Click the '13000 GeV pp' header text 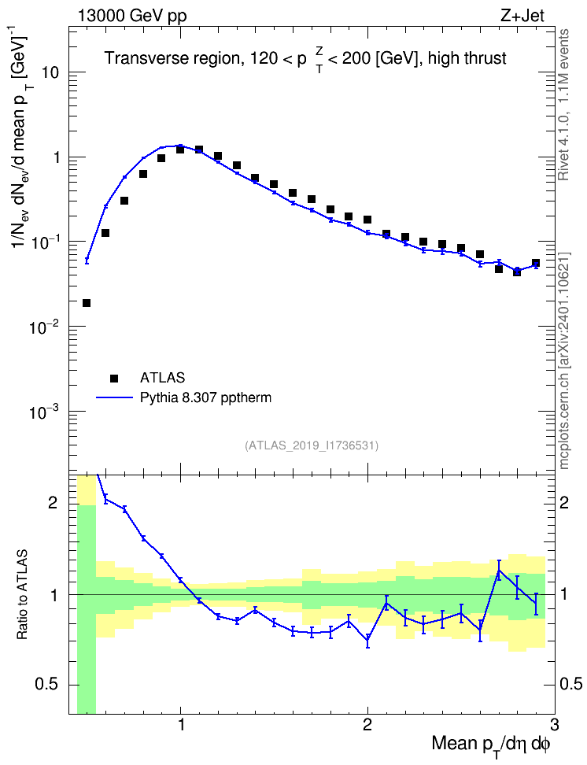click(x=131, y=16)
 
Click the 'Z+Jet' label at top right click(x=522, y=16)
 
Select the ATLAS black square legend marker click(x=114, y=378)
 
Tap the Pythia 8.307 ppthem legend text click(x=205, y=397)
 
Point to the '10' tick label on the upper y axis click(x=50, y=72)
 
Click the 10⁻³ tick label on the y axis click(x=46, y=411)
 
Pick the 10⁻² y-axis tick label click(x=46, y=326)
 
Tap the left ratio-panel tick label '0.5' click(x=47, y=685)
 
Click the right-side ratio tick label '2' click(x=564, y=502)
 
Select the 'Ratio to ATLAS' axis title click(x=23, y=594)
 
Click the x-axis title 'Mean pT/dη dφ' click(x=491, y=745)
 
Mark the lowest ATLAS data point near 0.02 click(x=87, y=303)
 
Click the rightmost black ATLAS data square click(x=536, y=263)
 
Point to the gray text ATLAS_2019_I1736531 click(x=312, y=445)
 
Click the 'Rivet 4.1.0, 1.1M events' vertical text click(x=564, y=105)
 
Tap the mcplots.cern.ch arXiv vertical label click(x=564, y=361)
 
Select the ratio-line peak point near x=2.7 click(x=499, y=570)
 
